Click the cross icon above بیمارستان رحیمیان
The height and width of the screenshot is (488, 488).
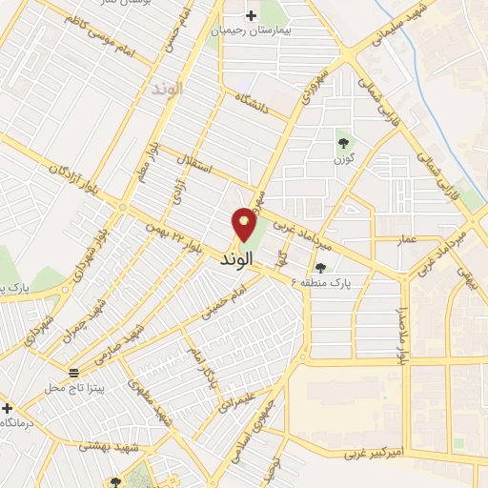click(252, 15)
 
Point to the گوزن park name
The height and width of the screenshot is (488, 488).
click(342, 158)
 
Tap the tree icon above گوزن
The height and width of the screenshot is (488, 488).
click(342, 143)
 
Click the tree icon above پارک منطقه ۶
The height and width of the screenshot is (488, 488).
click(320, 268)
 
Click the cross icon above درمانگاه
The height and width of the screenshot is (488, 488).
click(7, 406)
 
